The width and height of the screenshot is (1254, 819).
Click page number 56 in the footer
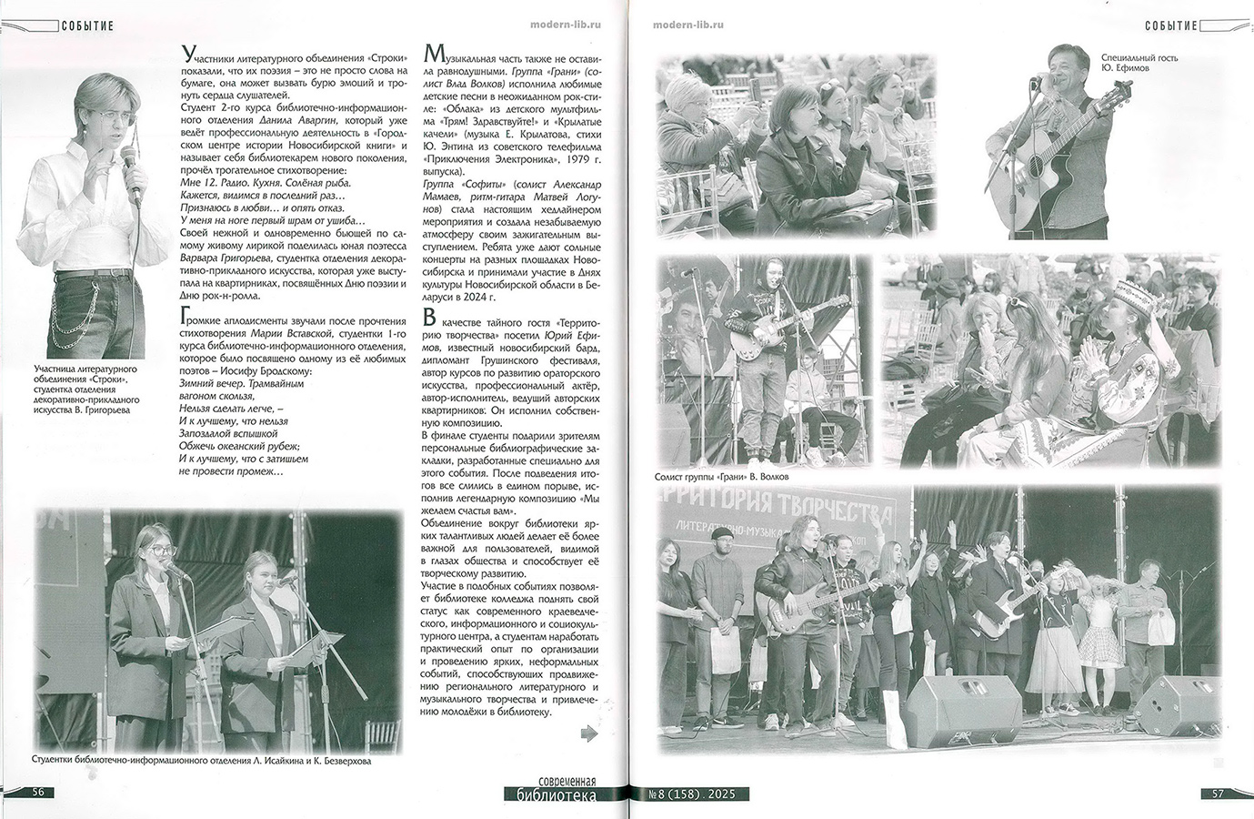(38, 792)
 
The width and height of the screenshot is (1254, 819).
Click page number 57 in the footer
(1218, 793)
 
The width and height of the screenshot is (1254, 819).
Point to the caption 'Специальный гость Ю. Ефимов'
(1139, 62)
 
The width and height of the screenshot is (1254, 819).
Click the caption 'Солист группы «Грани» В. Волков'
(721, 477)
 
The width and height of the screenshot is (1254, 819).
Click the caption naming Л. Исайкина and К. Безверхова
(201, 761)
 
